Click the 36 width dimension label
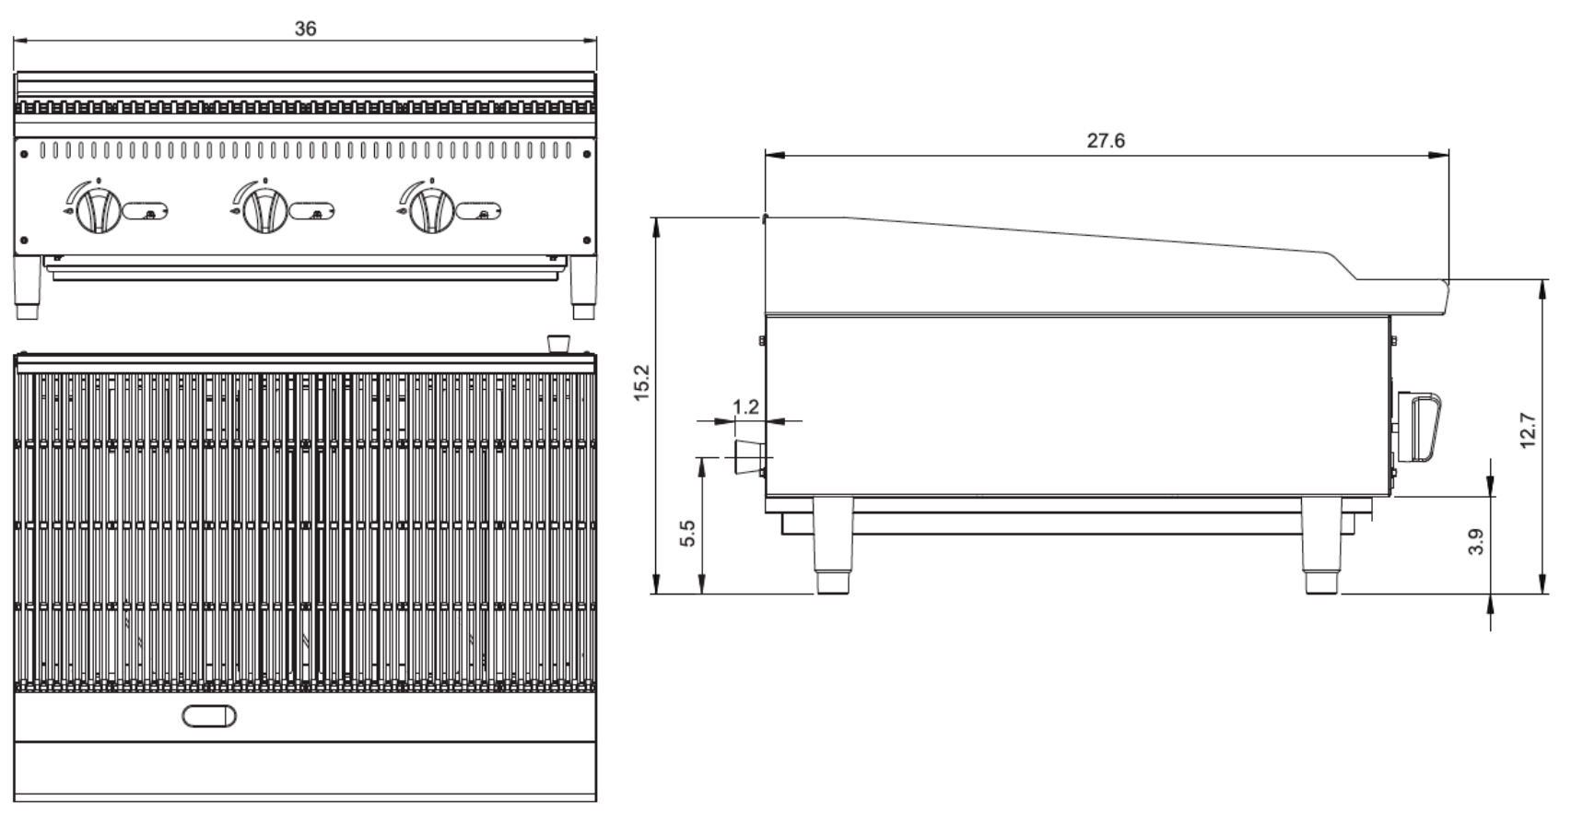305,29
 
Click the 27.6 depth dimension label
1106,141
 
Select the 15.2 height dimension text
642,383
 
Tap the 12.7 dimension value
1528,430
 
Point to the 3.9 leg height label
1475,541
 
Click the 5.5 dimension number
687,534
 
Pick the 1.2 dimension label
745,406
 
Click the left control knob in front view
97,210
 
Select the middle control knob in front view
264,210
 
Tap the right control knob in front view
431,210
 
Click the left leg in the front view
28,287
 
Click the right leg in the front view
583,287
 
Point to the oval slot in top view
209,715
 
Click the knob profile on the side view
1421,426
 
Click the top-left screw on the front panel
24,153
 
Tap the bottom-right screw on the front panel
587,240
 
